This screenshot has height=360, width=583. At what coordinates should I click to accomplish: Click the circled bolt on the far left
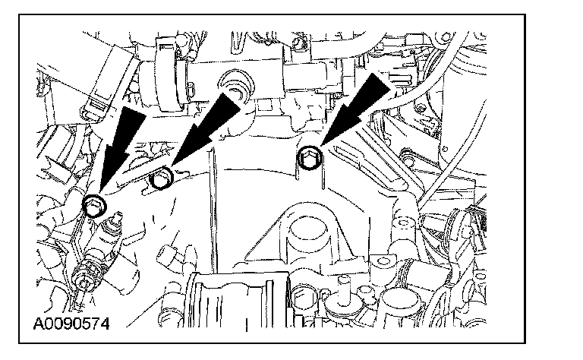tap(95, 204)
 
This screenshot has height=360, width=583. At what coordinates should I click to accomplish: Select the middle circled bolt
tap(163, 181)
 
